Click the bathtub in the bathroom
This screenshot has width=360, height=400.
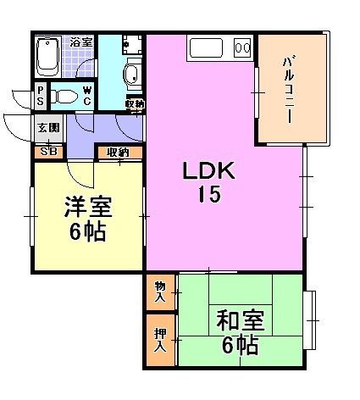coord(48,58)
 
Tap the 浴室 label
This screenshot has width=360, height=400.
coord(81,42)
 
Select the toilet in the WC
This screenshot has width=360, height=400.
coord(64,97)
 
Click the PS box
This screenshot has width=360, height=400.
coord(41,96)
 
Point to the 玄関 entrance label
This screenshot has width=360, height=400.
coord(49,128)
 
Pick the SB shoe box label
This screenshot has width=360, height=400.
coord(49,152)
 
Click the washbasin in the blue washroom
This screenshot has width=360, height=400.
coord(132,74)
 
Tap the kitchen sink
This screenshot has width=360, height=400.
coord(206,47)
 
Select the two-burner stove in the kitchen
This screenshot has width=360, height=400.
coord(242,47)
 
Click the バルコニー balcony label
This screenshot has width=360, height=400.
coord(289,90)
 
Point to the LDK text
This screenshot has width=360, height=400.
coord(208,170)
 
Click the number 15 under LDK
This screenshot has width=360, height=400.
coord(209,194)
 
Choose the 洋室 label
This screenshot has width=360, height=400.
coord(88,207)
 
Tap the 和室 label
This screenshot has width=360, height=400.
coord(241,320)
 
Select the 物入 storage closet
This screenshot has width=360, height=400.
coord(161,292)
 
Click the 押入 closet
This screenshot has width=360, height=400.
coord(161,340)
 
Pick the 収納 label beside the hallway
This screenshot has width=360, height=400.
coord(118,153)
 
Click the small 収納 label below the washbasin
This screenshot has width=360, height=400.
coord(136,104)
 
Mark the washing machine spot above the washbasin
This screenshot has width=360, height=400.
coord(132,45)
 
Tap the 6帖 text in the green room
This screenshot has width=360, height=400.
coord(241,345)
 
